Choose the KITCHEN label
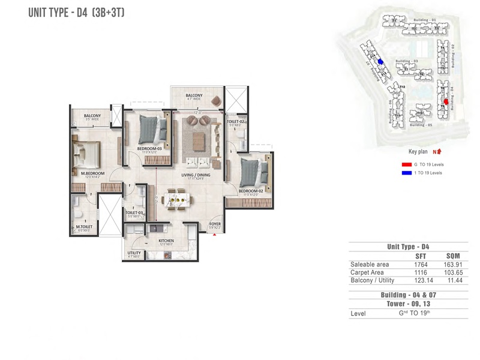(x=166, y=240)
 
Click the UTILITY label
(x=134, y=253)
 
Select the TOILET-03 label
(x=133, y=212)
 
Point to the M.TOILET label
(x=83, y=226)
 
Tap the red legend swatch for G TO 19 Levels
(x=406, y=164)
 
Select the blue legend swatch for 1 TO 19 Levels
(x=406, y=172)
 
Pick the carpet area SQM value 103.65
(x=452, y=272)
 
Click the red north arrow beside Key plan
(x=439, y=152)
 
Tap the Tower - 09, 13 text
(x=408, y=304)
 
